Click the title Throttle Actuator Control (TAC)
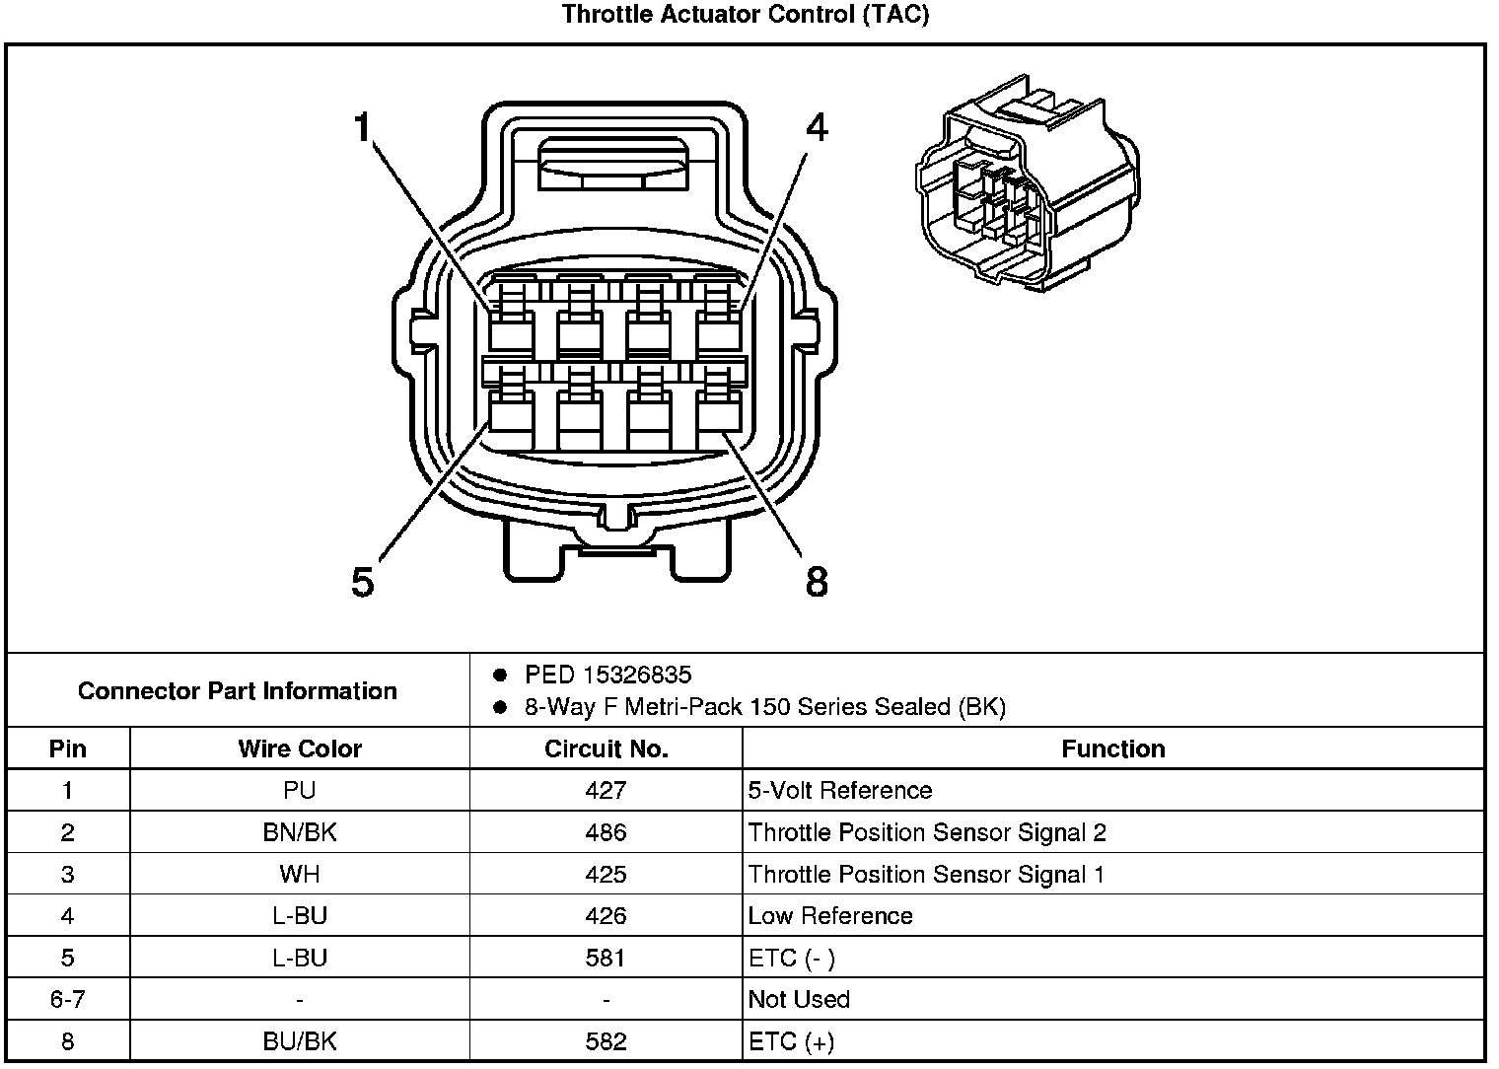coord(746,15)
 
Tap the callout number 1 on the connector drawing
coord(362,127)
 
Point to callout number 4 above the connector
coord(817,128)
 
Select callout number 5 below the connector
coord(363,582)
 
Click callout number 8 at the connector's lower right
coord(817,582)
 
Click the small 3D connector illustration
coord(1026,182)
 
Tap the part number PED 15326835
coord(607,676)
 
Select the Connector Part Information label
coord(238,690)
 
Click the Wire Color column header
coord(300,748)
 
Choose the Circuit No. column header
coord(606,748)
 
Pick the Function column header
coord(1112,748)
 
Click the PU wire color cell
coord(300,791)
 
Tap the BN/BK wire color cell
coord(300,832)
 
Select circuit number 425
coord(606,874)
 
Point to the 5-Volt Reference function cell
coord(839,791)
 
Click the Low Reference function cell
coord(830,916)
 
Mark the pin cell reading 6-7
coord(67,999)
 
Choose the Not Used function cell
coord(799,999)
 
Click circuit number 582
coord(606,1041)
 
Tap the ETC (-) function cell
coord(792,958)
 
